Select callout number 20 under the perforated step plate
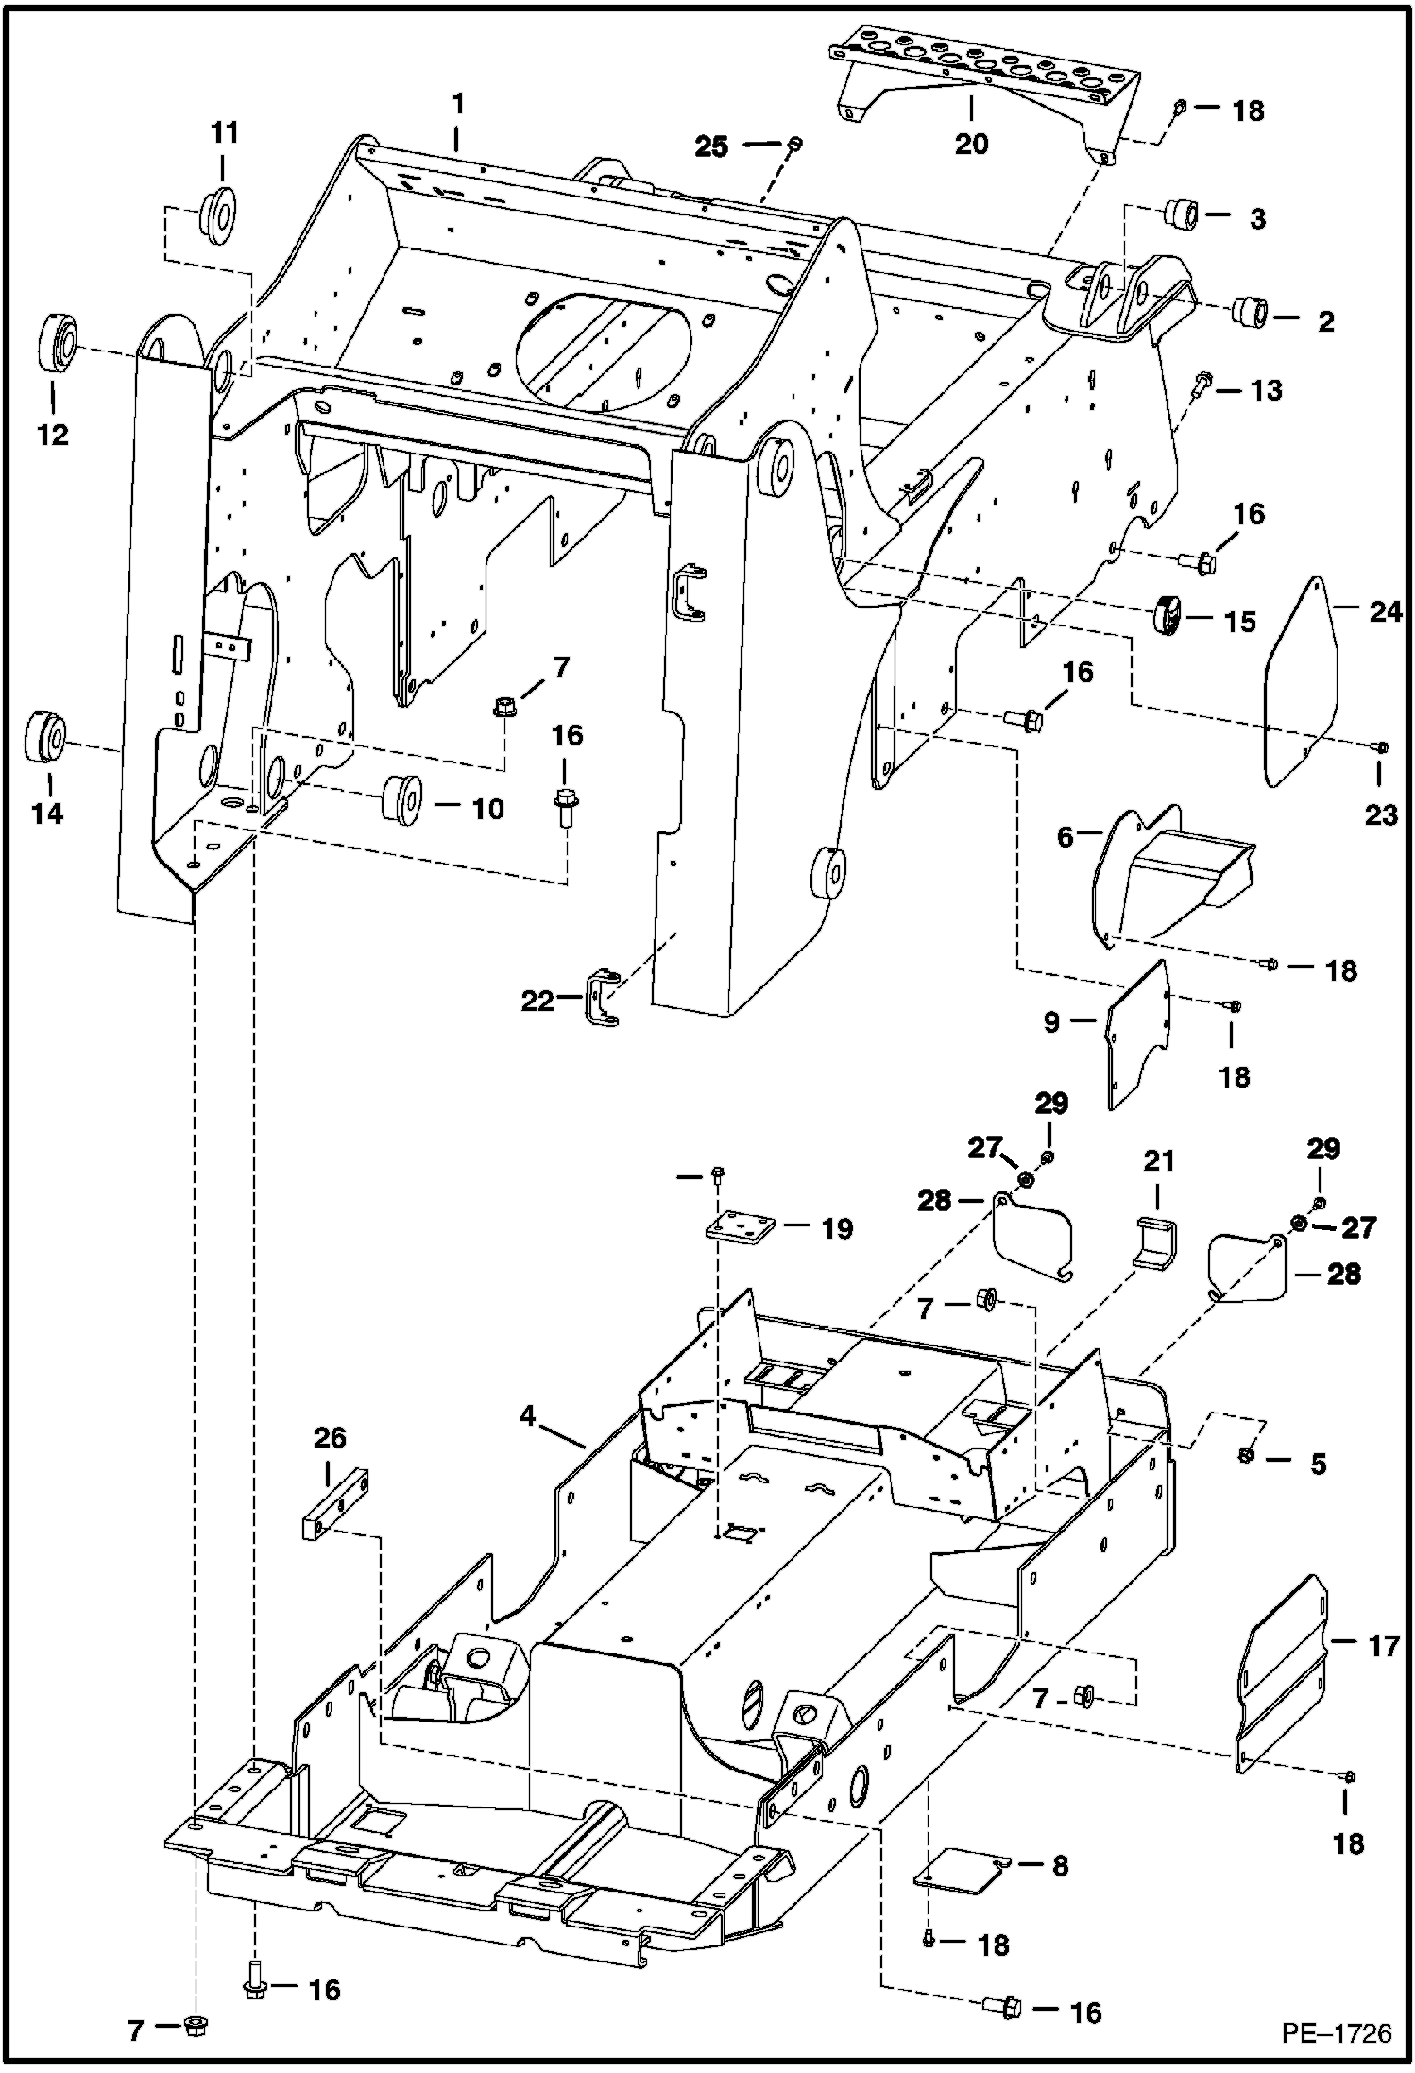971,144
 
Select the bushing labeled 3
1184,214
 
